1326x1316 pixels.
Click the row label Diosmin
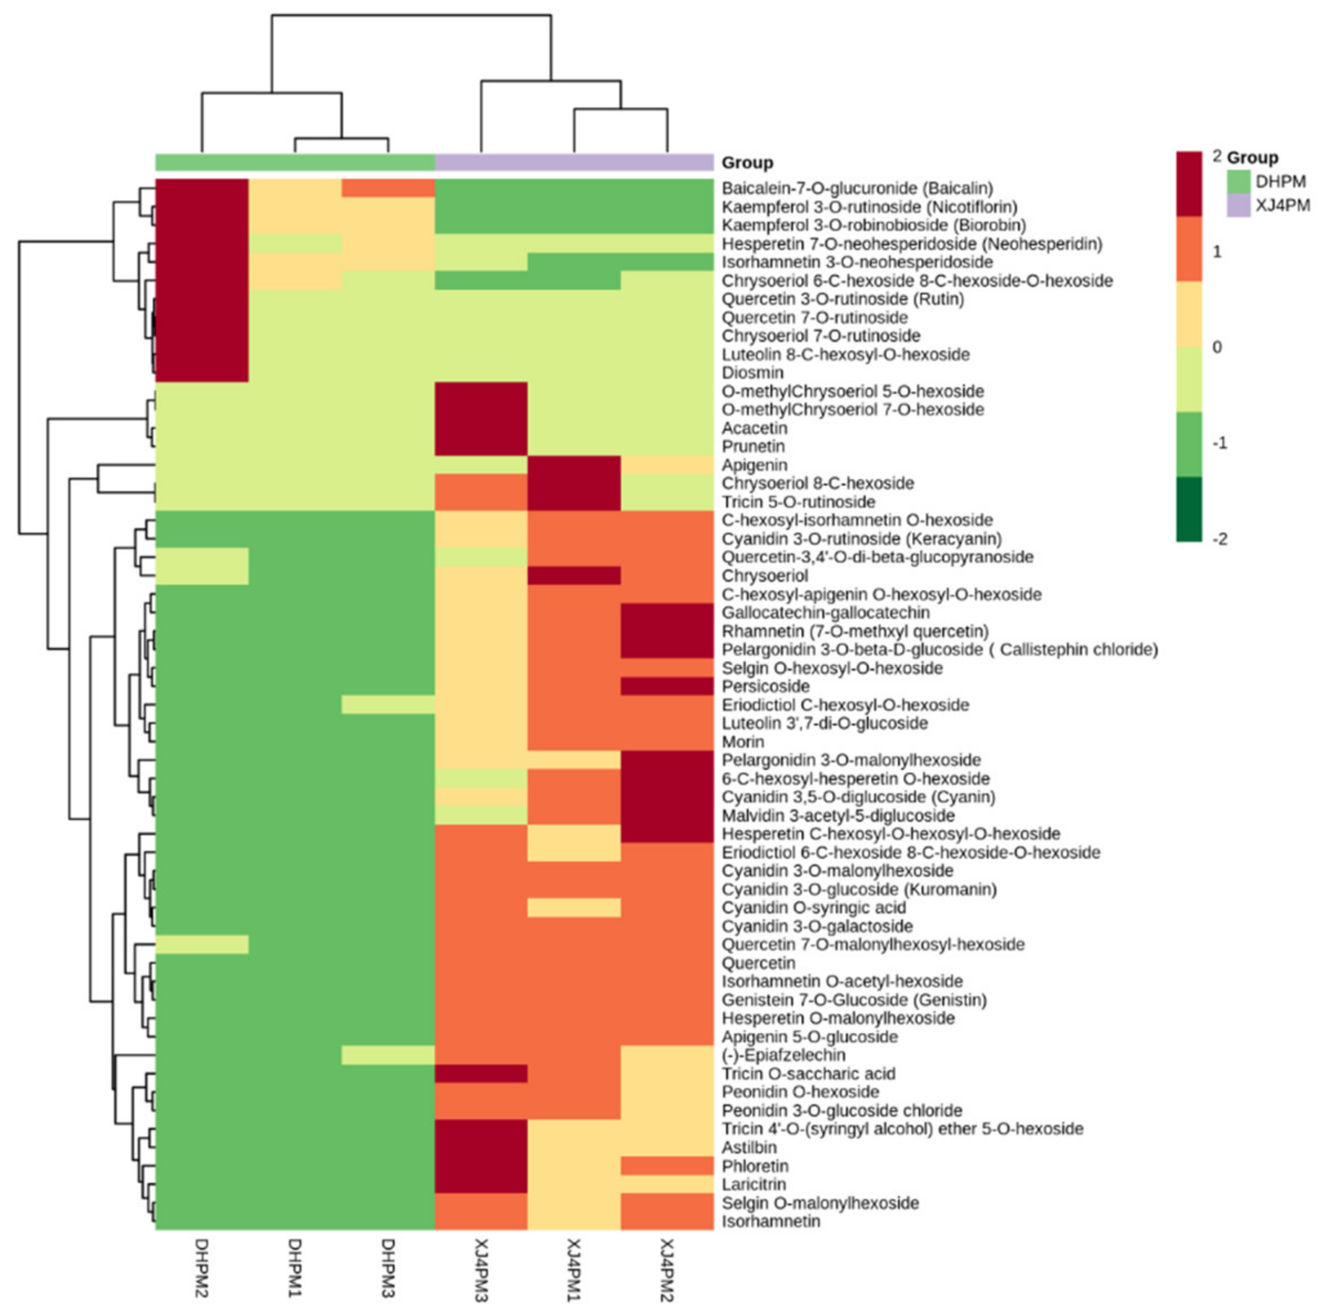(752, 373)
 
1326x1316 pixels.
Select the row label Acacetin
(754, 428)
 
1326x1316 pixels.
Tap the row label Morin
(742, 741)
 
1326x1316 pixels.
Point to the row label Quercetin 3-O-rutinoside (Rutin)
(842, 299)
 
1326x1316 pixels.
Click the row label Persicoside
(765, 686)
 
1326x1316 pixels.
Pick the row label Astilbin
(749, 1147)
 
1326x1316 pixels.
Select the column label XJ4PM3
(480, 1270)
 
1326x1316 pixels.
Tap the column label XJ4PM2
(666, 1270)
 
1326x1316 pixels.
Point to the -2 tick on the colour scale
(1219, 539)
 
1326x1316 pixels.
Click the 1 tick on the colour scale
(1217, 252)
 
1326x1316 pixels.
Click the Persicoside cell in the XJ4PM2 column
(666, 686)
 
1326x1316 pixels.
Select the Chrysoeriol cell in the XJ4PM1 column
(574, 575)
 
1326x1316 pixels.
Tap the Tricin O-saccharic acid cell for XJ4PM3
(480, 1074)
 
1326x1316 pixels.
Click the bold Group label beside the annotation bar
(747, 163)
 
